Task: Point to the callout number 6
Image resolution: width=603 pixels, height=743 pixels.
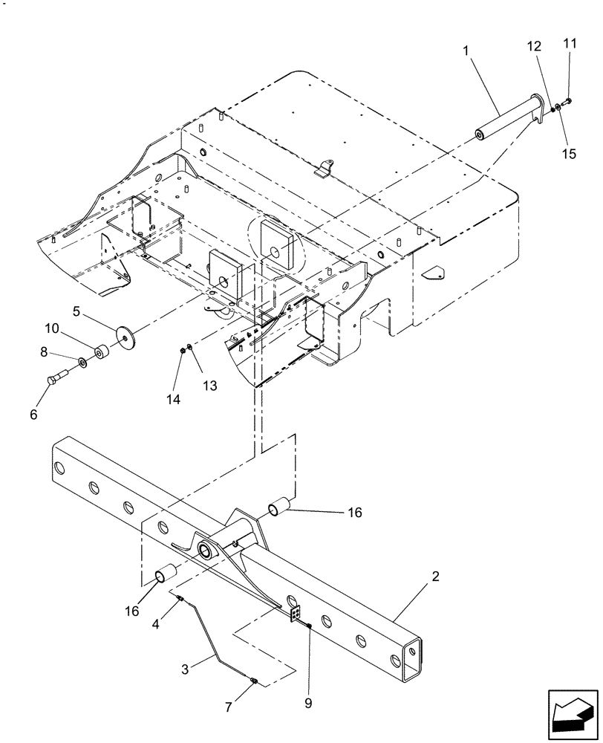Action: [x=33, y=415]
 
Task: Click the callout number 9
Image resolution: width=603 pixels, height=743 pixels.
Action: [x=309, y=702]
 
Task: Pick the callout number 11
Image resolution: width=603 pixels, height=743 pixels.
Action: [x=569, y=45]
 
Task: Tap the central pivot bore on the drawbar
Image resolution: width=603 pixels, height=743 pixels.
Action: [x=203, y=551]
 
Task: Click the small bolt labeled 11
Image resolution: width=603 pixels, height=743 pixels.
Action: [x=567, y=101]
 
